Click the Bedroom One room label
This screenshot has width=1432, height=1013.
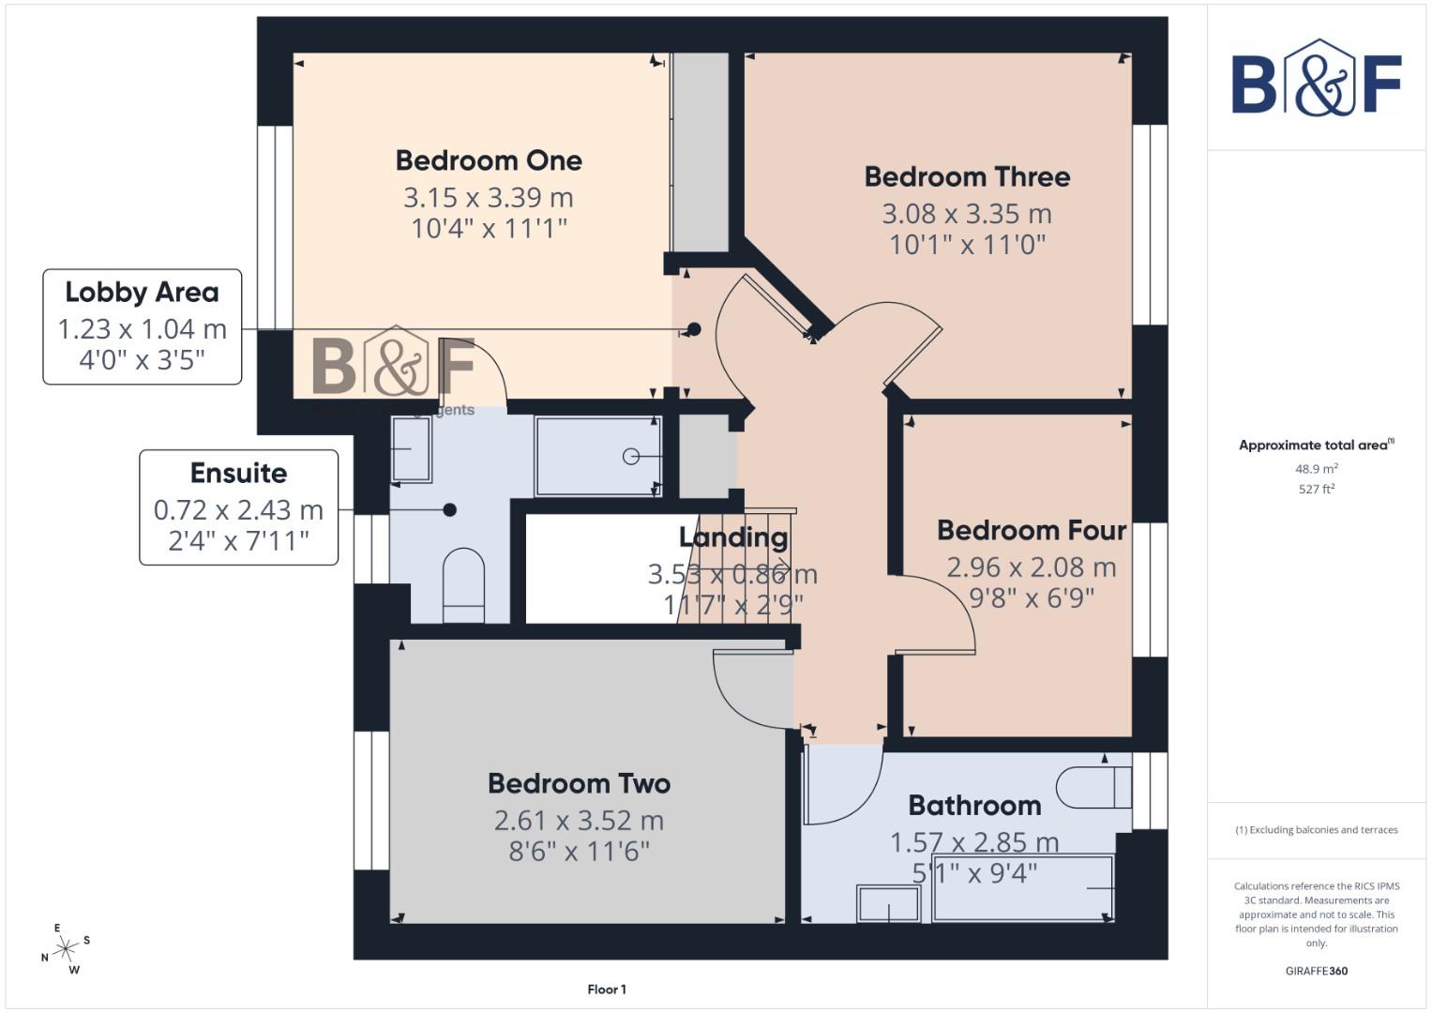(489, 160)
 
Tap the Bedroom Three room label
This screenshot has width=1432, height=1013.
(967, 176)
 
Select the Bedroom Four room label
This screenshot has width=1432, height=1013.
(1031, 530)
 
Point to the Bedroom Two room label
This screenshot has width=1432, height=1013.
(579, 783)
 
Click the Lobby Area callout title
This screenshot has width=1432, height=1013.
(142, 292)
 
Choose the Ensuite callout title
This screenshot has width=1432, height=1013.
(238, 473)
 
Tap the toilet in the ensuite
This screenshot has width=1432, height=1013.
(463, 585)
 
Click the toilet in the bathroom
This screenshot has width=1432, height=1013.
(1093, 787)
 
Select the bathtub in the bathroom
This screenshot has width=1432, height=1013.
(1023, 887)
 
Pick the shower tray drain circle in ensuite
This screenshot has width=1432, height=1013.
(631, 456)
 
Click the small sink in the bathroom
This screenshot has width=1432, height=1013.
(888, 904)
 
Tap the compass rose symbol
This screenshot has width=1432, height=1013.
(65, 949)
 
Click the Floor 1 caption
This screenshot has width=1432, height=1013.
(607, 990)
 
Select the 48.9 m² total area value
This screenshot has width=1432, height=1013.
(1316, 468)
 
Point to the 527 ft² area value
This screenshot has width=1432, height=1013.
(1316, 489)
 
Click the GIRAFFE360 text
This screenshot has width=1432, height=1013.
(1316, 971)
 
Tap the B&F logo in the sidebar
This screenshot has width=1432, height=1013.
(1316, 79)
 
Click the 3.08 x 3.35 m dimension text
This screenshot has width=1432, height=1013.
(967, 214)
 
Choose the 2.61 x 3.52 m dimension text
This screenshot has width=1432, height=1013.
(579, 821)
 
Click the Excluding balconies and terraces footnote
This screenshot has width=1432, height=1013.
(1316, 830)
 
